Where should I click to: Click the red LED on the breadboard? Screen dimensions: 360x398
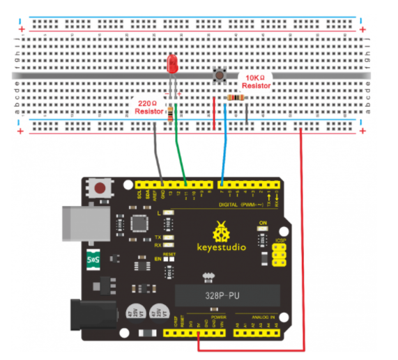172,65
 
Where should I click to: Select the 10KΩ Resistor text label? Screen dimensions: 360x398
255,81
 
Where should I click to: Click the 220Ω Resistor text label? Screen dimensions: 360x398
148,107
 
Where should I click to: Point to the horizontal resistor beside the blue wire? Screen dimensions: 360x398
238,99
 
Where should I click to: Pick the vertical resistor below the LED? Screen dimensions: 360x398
171,114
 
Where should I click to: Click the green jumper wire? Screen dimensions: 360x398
181,146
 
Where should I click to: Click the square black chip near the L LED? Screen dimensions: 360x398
135,224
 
